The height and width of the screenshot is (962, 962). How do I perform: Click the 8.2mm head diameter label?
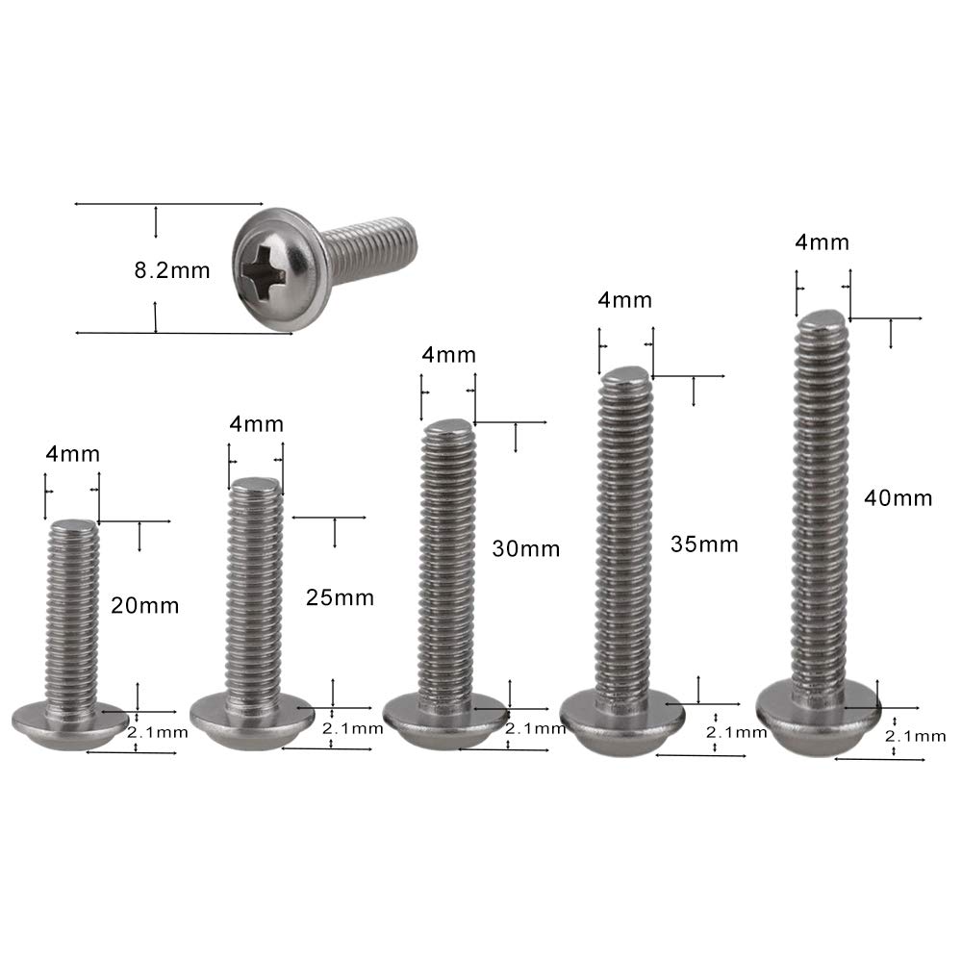[171, 270]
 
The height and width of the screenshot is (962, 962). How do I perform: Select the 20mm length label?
[144, 606]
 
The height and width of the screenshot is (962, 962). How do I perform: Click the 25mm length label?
[339, 597]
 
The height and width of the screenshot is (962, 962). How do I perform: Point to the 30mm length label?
[525, 549]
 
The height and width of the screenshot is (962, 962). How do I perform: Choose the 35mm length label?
[704, 544]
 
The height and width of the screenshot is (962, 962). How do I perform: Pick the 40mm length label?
[899, 498]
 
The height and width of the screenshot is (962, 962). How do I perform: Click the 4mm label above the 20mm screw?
[72, 454]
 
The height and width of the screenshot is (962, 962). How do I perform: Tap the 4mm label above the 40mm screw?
[823, 242]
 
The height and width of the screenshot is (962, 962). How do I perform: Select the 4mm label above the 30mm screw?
[448, 355]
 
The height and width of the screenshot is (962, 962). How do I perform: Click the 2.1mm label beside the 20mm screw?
[158, 732]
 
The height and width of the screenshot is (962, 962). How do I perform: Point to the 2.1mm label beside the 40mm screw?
[916, 736]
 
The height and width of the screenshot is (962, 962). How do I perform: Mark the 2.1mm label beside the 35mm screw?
[736, 733]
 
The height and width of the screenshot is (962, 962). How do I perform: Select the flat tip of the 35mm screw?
[625, 375]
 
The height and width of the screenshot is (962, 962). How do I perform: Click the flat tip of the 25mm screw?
[255, 485]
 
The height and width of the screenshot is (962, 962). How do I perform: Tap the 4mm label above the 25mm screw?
[257, 423]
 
